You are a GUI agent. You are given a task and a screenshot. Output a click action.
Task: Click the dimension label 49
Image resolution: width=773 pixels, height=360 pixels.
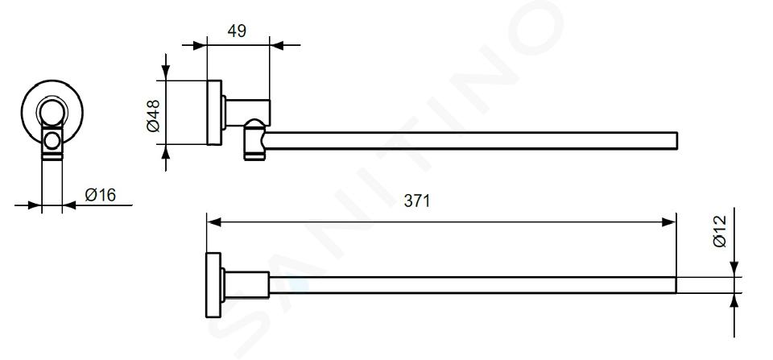[x=237, y=31]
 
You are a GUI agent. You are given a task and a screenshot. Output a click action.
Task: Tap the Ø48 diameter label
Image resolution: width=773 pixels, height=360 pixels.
[x=154, y=116]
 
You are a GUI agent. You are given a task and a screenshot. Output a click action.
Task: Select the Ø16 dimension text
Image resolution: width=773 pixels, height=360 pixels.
[x=101, y=195]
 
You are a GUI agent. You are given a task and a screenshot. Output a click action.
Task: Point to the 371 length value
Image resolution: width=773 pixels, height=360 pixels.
[x=417, y=201]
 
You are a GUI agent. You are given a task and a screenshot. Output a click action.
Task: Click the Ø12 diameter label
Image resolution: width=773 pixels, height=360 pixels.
[x=720, y=231]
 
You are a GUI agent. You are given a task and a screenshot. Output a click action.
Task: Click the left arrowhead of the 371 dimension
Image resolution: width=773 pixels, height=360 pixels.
[x=213, y=222]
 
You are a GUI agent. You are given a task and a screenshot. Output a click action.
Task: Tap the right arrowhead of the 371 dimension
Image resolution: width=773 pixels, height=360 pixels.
[x=669, y=222]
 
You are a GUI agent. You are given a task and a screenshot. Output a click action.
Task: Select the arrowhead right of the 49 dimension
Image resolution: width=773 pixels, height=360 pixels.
[x=276, y=46]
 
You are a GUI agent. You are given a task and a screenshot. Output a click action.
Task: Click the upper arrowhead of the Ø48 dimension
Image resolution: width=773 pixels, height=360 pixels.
[x=166, y=73]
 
